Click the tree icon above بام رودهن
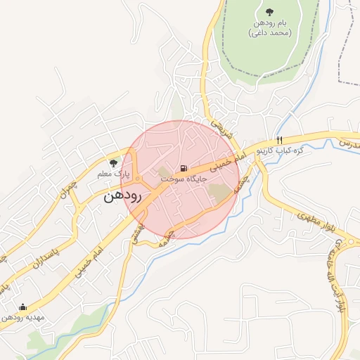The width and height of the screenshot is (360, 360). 270,11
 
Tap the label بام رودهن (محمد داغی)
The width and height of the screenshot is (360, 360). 270,27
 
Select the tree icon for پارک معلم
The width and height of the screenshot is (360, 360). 114,163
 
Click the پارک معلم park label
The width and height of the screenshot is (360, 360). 113,174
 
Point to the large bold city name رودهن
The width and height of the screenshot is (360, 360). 122,195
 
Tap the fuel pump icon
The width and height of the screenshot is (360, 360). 184,168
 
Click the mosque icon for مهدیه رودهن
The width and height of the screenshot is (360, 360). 22,307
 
